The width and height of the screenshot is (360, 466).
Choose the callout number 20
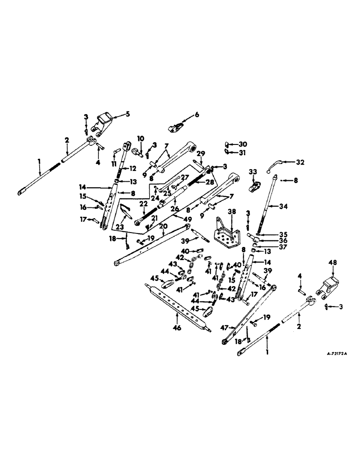[x=163, y=226]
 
